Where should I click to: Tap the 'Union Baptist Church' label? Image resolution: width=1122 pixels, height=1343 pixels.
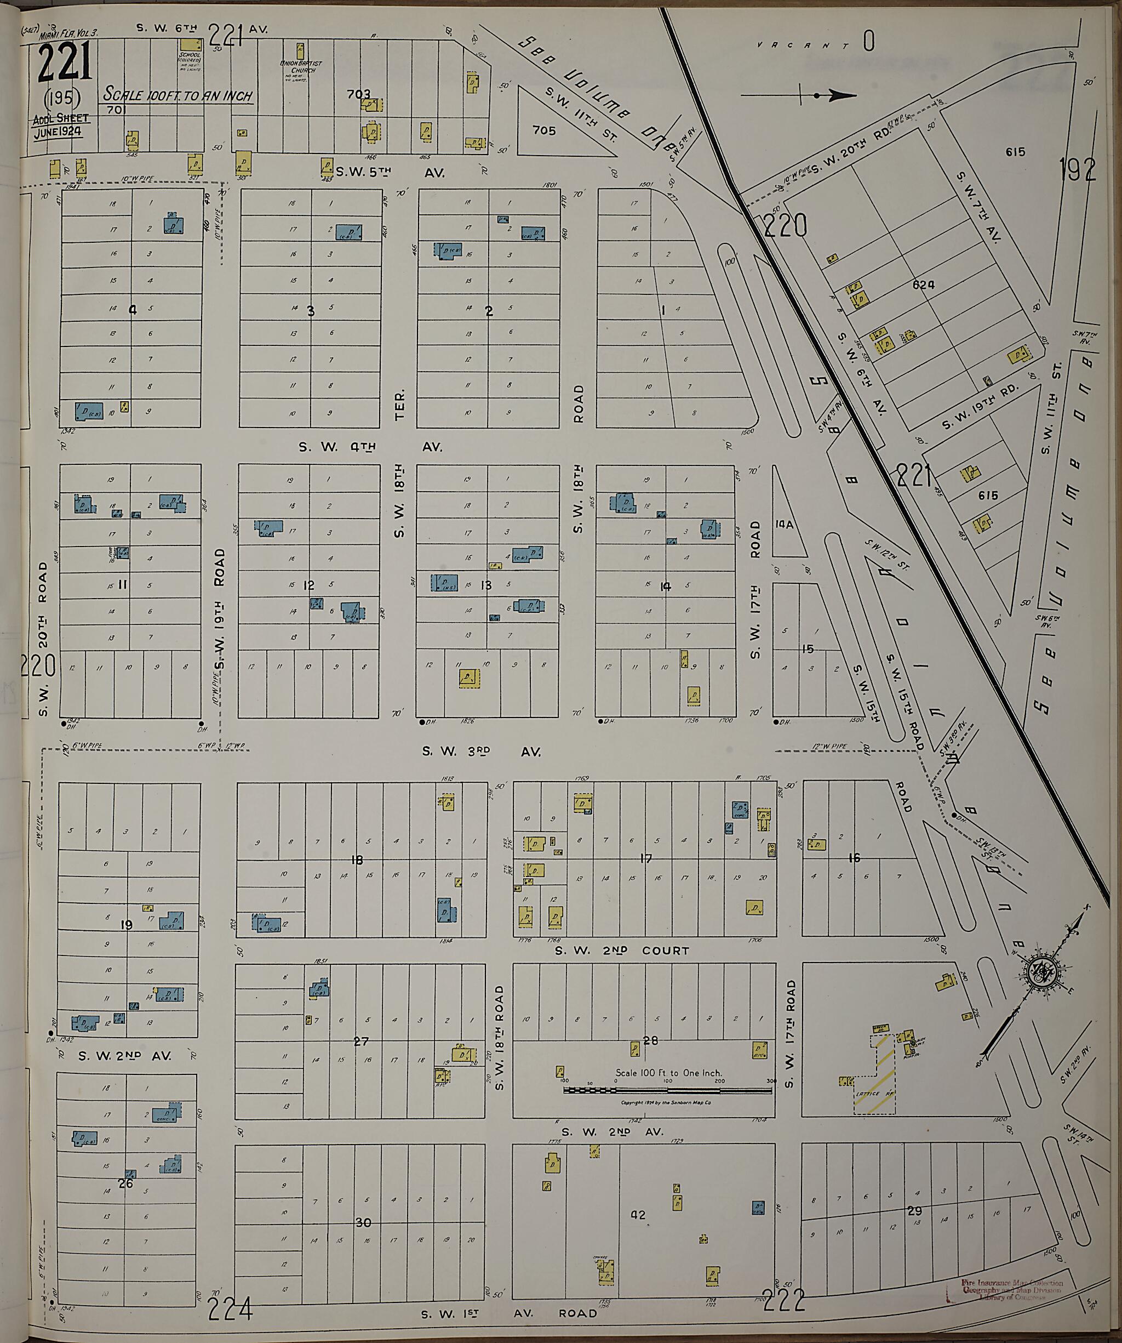coord(300,66)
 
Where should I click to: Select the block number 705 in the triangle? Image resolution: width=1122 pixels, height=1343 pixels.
coord(544,130)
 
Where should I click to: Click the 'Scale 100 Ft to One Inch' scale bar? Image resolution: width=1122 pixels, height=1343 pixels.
coord(668,1089)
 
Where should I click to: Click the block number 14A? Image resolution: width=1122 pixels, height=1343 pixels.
coord(784,524)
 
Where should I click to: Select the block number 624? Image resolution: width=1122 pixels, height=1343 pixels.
coord(923,284)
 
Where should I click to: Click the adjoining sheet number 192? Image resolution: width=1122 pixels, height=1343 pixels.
coord(1078,169)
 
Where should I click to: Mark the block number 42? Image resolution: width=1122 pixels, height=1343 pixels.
coord(638,1215)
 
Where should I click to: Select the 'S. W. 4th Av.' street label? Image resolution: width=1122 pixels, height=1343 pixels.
coord(369,447)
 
